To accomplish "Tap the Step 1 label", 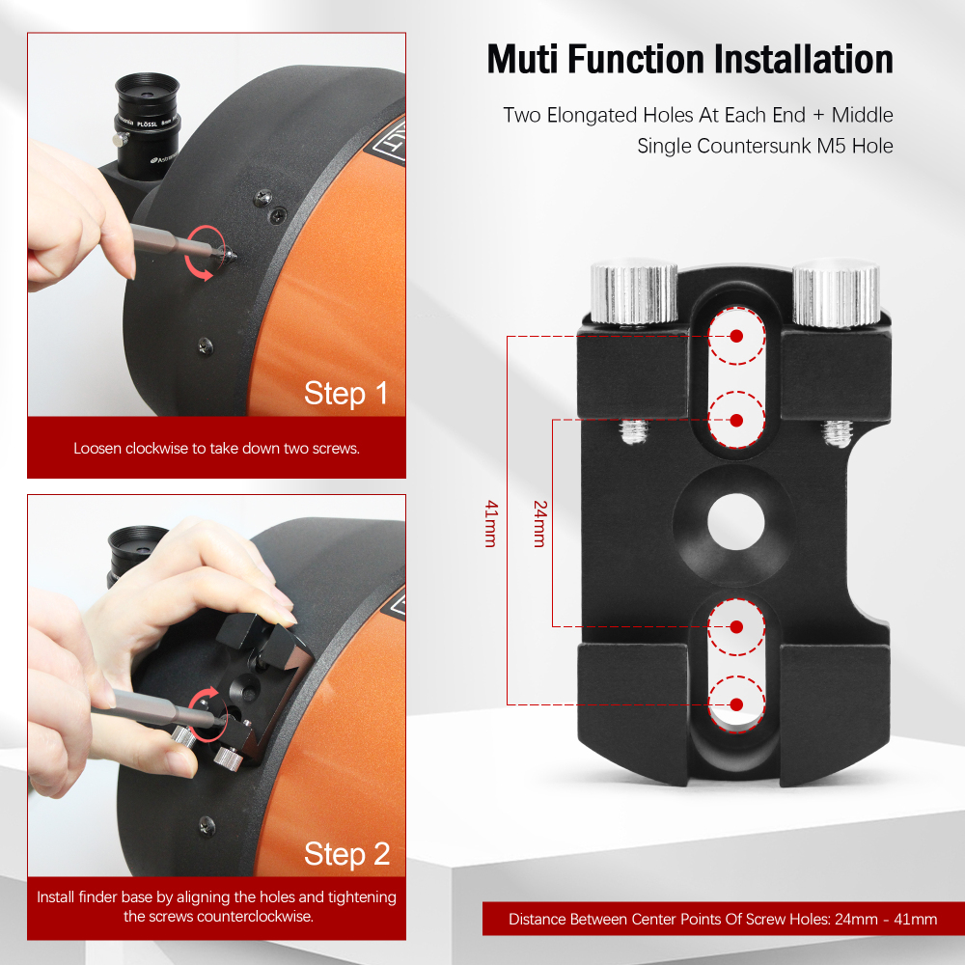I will pos(345,393).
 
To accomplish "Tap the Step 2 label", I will pos(345,853).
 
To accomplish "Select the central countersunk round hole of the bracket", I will pos(735,523).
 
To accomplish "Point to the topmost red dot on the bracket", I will pos(736,336).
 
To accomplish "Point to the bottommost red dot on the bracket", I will pos(736,703).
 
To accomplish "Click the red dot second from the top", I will pos(736,420).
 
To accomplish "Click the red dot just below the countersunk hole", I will pos(736,626).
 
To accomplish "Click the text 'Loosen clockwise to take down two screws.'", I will pos(216,449).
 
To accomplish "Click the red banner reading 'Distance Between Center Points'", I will pos(722,919).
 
